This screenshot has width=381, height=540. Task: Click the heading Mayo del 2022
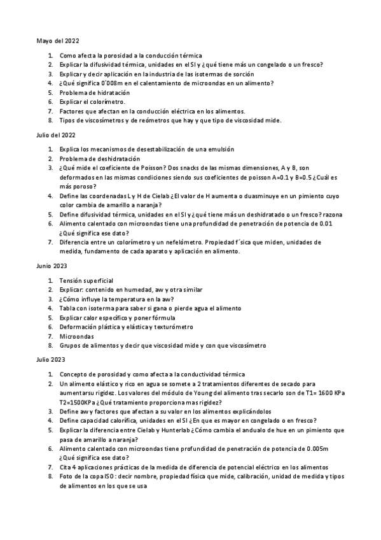[58, 40]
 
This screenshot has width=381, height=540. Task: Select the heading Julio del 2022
[58, 135]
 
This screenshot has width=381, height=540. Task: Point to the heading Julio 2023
[51, 360]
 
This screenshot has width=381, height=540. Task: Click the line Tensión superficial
[86, 280]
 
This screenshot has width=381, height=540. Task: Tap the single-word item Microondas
[76, 336]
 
